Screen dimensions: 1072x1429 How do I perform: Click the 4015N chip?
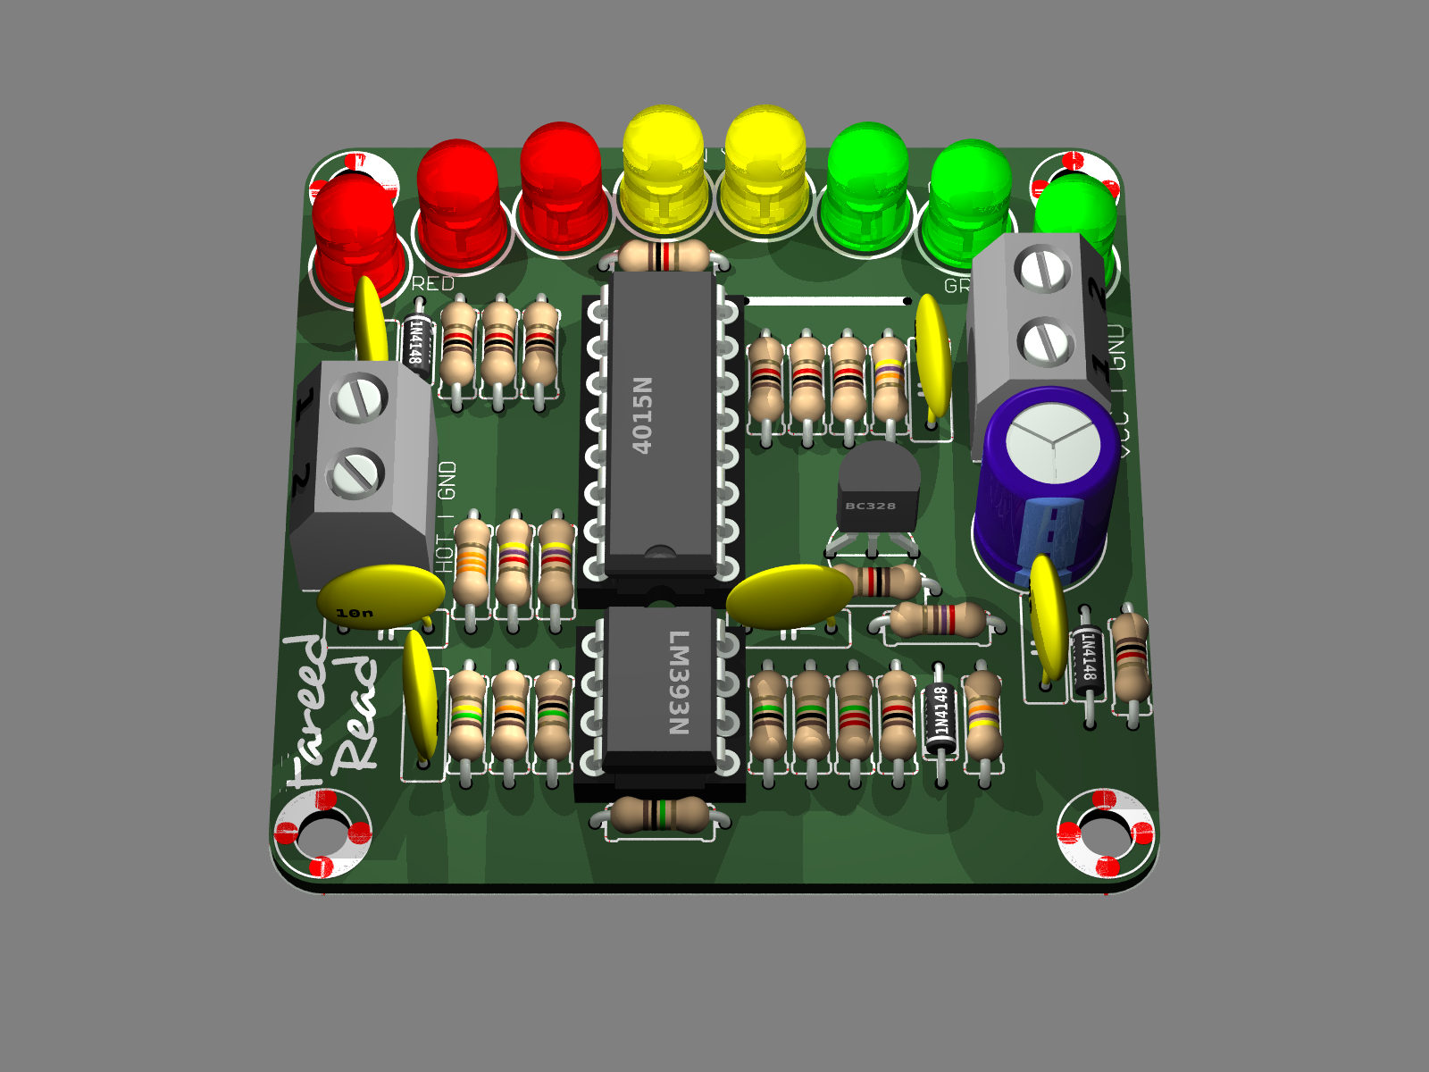pyautogui.click(x=660, y=420)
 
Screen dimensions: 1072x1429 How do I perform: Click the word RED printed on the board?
pyautogui.click(x=433, y=284)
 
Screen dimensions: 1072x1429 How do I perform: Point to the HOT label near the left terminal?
pyautogui.click(x=445, y=554)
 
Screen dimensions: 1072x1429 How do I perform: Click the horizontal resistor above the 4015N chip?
pyautogui.click(x=664, y=257)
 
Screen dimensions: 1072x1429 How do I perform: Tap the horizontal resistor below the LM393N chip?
pyautogui.click(x=660, y=814)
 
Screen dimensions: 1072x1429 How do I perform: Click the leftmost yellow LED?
pyautogui.click(x=663, y=170)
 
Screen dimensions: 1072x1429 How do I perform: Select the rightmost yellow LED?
pyautogui.click(x=765, y=170)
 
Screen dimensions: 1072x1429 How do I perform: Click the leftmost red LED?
pyautogui.click(x=355, y=237)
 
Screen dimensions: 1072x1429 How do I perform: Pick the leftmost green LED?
pyautogui.click(x=866, y=188)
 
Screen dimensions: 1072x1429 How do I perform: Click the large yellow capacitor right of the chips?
pyautogui.click(x=790, y=595)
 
